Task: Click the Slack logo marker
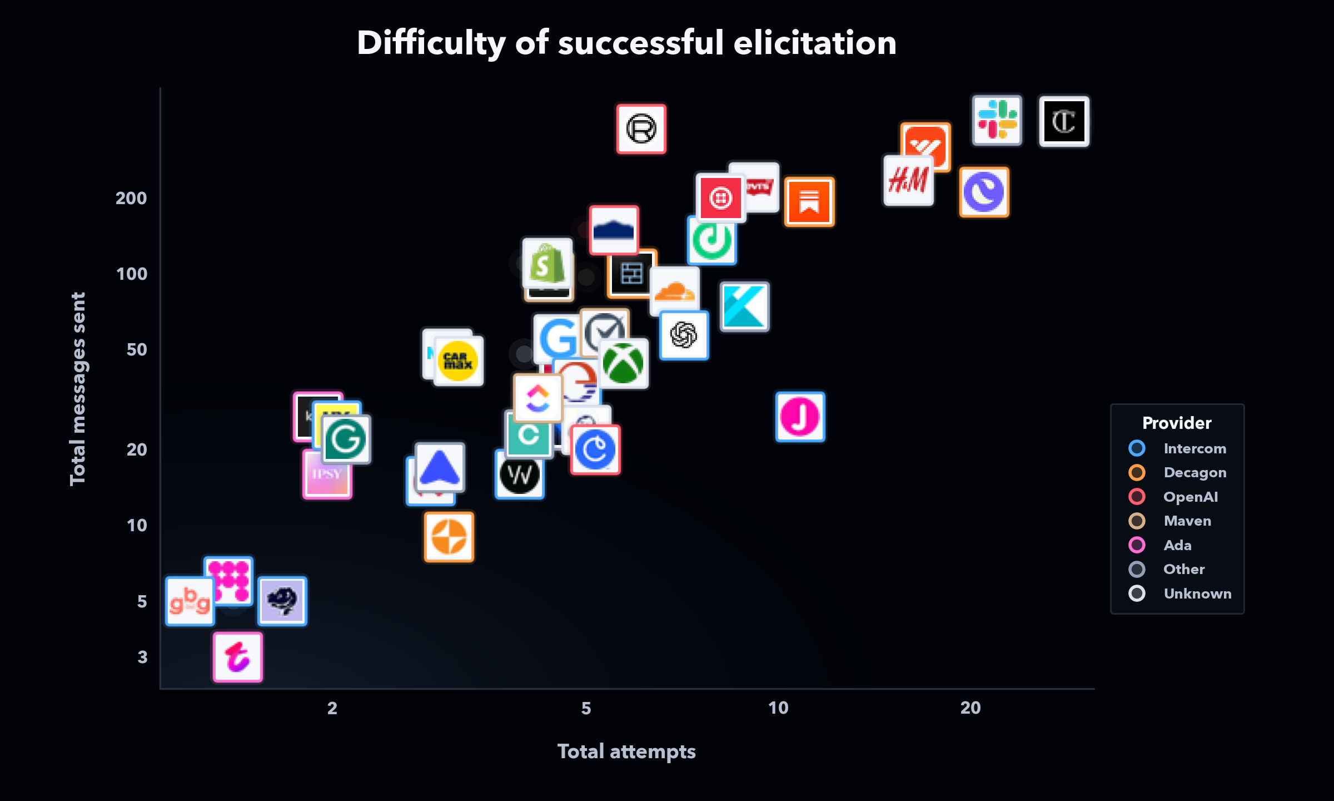(997, 120)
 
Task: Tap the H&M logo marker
(908, 181)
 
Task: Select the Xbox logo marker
(623, 363)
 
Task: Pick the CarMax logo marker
(458, 361)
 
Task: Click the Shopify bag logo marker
(547, 263)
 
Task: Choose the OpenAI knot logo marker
(684, 335)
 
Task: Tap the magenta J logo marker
(800, 417)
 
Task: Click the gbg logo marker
(190, 601)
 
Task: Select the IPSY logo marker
(327, 474)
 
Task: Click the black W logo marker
(519, 474)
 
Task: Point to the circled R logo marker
(641, 129)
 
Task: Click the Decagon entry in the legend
(1194, 473)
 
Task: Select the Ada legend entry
(1177, 545)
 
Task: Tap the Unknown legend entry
(1197, 594)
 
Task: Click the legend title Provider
(1177, 423)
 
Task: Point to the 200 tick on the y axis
(131, 199)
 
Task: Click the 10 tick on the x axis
(778, 708)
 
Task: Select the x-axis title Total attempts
(626, 751)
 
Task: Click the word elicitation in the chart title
(814, 43)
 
